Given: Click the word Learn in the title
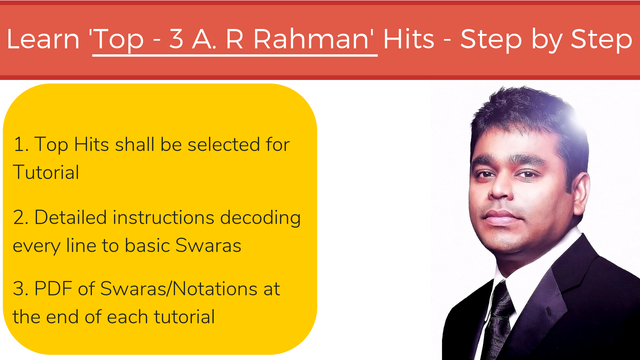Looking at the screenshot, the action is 43,39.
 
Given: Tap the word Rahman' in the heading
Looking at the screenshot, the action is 314,39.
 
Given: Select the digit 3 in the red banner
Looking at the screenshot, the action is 176,39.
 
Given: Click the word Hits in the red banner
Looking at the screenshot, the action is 409,39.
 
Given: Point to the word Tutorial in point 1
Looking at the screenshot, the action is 46,172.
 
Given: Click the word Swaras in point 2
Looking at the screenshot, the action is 208,245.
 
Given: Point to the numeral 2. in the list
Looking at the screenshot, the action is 20,217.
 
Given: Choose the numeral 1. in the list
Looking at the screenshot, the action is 21,144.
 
